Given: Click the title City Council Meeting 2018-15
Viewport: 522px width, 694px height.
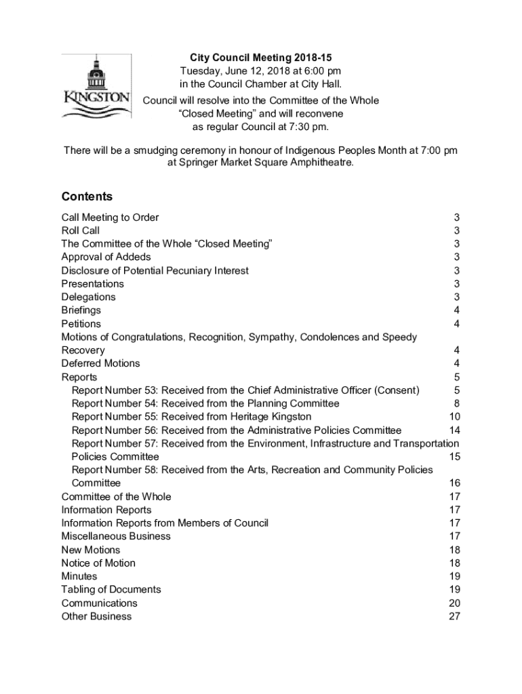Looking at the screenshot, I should coord(260,58).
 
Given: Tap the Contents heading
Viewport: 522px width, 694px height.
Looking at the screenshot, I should coord(87,197).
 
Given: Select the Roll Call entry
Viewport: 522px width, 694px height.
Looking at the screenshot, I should coord(81,230).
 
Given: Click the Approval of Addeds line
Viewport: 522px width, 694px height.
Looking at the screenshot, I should coord(106,257).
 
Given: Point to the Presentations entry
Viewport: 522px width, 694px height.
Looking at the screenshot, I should coord(93,283).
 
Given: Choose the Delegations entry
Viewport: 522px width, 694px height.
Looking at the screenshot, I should coord(89,297).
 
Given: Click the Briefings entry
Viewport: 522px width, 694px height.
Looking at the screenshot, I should coord(81,310).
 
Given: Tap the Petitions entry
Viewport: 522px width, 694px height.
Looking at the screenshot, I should coord(81,324).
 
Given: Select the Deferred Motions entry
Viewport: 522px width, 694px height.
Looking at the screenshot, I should coord(101,363).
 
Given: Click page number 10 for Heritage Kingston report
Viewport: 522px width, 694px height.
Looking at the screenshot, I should coord(455,417).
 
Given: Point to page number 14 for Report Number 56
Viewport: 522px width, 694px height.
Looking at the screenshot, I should coord(455,430).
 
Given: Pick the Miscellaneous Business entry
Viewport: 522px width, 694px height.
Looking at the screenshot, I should coord(116,536).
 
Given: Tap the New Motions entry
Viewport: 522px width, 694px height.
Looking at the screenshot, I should coord(91,550).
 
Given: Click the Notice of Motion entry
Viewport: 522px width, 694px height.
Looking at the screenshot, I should coord(98,563).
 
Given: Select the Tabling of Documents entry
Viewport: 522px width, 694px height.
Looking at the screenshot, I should coord(111,590).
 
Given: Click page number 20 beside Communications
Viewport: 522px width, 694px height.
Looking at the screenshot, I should coord(455,603).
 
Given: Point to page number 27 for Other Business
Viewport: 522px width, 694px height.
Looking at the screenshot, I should coord(455,616).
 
